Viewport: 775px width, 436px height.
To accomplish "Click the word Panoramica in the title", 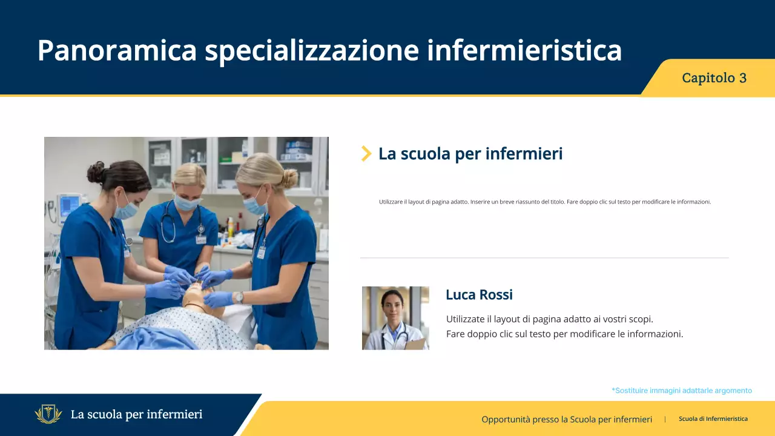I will click(117, 50).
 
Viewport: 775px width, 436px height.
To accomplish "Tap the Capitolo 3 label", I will click(714, 78).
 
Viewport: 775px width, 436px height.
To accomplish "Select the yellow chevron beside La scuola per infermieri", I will click(366, 154).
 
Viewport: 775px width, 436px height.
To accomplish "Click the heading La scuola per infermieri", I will click(470, 154).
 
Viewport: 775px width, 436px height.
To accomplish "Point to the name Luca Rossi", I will click(479, 295).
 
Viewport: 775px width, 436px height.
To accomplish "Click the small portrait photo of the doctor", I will click(395, 318).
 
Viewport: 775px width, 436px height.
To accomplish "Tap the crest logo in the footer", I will click(48, 415).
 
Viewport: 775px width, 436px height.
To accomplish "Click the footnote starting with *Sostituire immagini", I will click(682, 391).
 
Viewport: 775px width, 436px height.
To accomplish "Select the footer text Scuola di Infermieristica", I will click(713, 419).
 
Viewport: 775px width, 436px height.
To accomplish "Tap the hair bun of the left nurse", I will click(96, 172).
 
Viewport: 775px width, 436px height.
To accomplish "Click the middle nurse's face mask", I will click(187, 203).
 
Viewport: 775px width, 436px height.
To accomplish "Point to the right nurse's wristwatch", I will click(239, 297).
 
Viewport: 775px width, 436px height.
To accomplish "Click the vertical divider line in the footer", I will click(665, 419).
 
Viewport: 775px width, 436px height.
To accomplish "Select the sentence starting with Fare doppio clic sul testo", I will click(564, 334).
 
